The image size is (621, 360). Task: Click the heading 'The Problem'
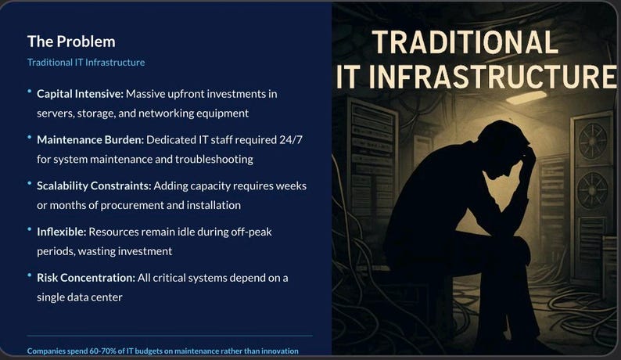coord(71,41)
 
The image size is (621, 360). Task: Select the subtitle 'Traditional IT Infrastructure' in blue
coord(86,63)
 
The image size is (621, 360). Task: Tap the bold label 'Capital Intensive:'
coord(80,94)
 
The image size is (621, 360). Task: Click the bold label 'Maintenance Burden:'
coord(87,140)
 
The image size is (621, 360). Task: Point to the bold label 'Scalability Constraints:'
coord(94,186)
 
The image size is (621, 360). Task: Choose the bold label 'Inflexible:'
coord(61,232)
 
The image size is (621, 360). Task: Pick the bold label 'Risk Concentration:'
coord(84,278)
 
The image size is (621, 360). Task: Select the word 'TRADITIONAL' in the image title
coord(465,42)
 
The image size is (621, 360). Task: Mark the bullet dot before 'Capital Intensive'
coord(30,92)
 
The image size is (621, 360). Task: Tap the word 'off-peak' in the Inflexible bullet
coord(251,232)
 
